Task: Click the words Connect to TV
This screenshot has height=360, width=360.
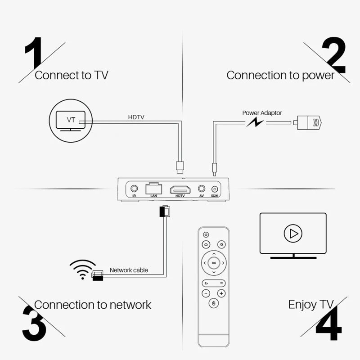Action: (x=71, y=75)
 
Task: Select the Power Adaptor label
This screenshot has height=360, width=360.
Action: (x=262, y=113)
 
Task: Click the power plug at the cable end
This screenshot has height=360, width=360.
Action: (x=308, y=122)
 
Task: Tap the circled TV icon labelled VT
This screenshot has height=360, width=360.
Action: (x=71, y=120)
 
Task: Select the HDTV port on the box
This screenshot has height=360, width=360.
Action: (x=180, y=189)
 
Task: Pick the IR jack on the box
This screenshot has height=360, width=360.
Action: (x=134, y=189)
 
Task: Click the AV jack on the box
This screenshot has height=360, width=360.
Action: (x=202, y=189)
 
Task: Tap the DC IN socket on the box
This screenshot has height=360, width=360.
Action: (x=215, y=190)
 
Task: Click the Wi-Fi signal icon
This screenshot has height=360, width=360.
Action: (x=82, y=269)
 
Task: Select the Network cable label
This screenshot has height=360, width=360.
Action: (x=129, y=270)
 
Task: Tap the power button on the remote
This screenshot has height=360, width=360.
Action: (x=206, y=234)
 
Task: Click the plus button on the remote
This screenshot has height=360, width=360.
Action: (x=221, y=293)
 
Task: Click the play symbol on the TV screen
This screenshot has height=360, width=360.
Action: (x=293, y=233)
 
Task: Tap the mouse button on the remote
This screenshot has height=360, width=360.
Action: (x=213, y=305)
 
